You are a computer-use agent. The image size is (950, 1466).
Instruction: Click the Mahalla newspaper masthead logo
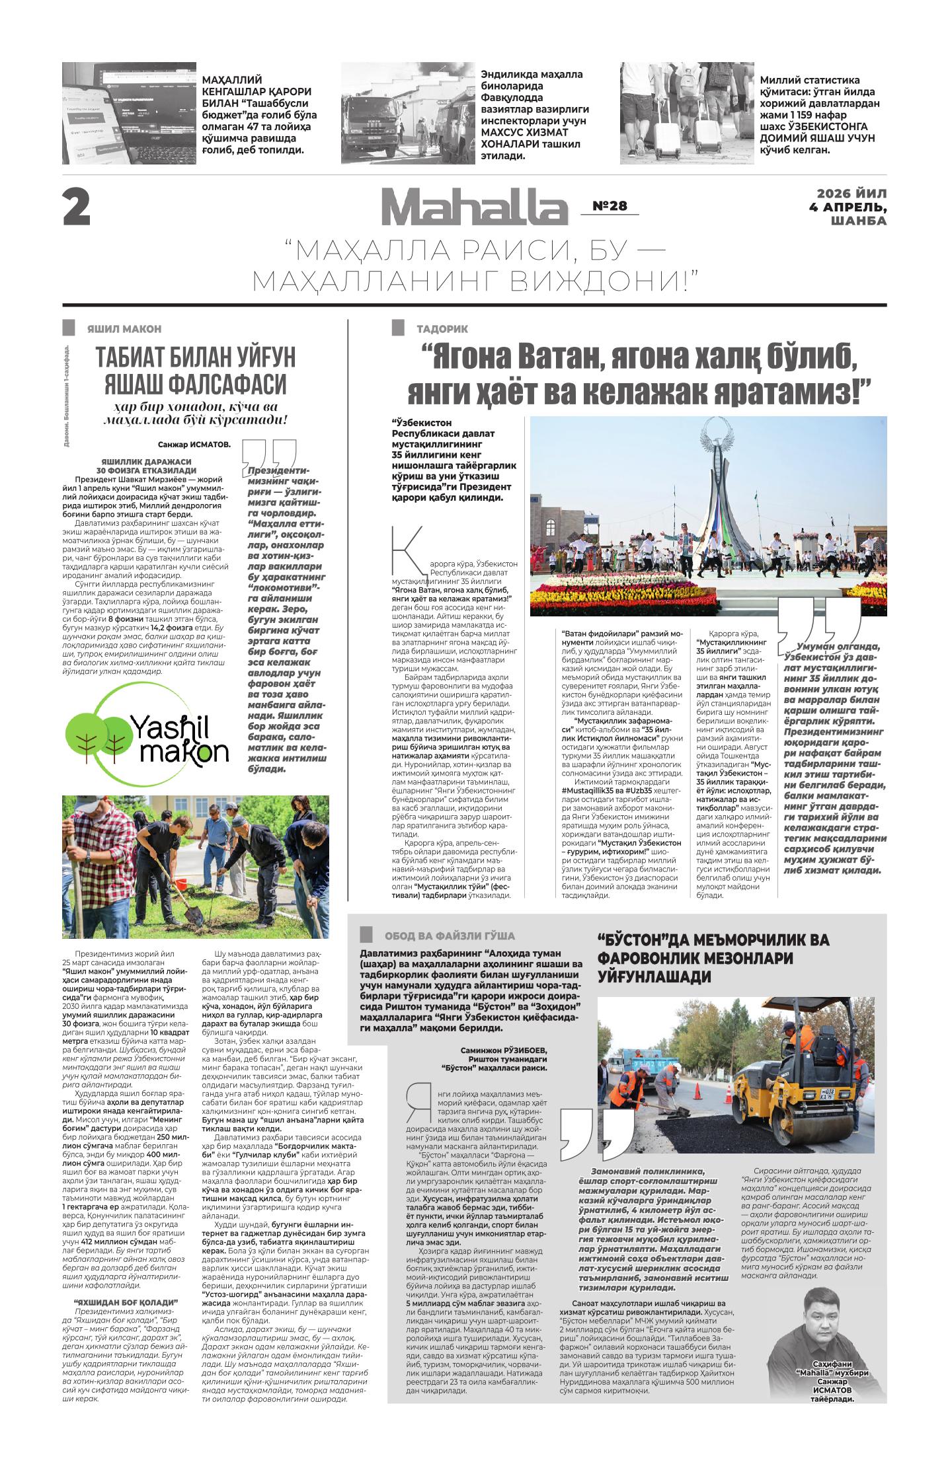tap(473, 207)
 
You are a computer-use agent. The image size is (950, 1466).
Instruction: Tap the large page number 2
tap(77, 208)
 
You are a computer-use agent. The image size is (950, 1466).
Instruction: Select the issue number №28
tap(609, 206)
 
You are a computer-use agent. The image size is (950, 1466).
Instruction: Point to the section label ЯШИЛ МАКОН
tap(124, 328)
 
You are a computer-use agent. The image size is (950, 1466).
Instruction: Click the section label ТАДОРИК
tap(442, 328)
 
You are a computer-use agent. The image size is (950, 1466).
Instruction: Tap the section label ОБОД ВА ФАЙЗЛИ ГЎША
tap(449, 935)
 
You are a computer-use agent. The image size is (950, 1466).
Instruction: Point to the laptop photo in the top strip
tap(129, 113)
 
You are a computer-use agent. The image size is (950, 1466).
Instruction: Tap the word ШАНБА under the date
tap(859, 221)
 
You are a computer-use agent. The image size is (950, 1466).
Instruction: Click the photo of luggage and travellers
tap(686, 113)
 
